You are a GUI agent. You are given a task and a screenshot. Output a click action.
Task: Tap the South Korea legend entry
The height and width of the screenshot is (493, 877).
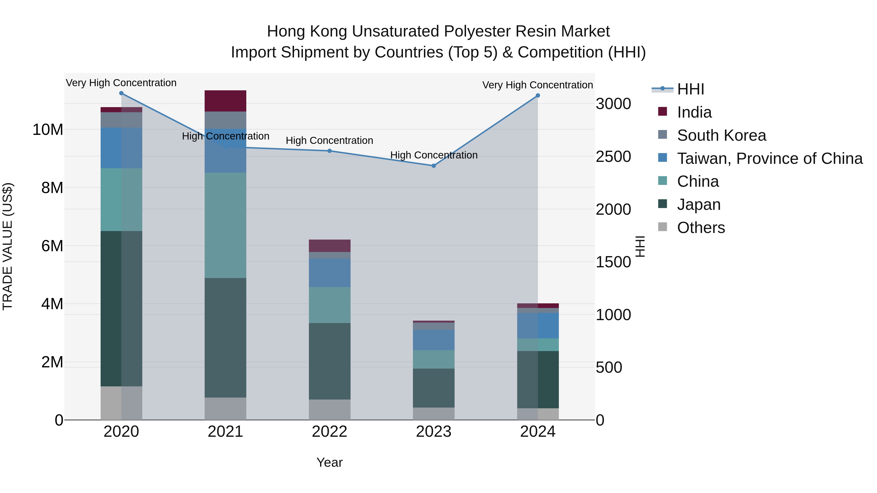(721, 135)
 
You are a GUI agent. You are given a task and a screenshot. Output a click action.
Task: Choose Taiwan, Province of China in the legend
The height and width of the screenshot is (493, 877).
(769, 158)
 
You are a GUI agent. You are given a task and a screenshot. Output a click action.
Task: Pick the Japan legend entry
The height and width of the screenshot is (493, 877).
(699, 205)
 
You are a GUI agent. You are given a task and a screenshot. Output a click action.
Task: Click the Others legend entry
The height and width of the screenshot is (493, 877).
(701, 228)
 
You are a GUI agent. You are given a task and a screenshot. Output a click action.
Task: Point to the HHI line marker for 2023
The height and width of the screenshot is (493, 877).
(433, 166)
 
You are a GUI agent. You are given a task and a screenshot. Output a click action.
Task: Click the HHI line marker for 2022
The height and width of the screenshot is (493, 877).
(330, 151)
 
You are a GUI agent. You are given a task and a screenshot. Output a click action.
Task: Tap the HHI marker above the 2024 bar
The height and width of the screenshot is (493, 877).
(538, 96)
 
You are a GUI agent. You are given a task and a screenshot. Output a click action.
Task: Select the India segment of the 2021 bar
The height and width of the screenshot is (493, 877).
(225, 101)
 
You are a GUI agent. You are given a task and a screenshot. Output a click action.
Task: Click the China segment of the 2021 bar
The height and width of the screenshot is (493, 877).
(225, 225)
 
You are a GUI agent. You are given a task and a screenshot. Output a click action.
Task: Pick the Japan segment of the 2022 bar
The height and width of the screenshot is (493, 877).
(330, 361)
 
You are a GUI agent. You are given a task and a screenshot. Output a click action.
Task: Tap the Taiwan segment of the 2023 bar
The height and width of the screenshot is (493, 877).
(433, 340)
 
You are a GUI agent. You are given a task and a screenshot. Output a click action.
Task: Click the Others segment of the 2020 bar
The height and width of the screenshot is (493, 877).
(121, 403)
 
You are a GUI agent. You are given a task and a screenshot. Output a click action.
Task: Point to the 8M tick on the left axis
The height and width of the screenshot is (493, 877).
(52, 188)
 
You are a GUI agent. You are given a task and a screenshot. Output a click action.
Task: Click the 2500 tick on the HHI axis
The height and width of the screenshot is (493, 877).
(613, 157)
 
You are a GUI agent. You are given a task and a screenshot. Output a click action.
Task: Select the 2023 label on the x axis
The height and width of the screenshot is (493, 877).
(433, 432)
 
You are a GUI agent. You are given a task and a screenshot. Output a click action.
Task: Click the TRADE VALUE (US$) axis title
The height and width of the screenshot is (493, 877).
(8, 246)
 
